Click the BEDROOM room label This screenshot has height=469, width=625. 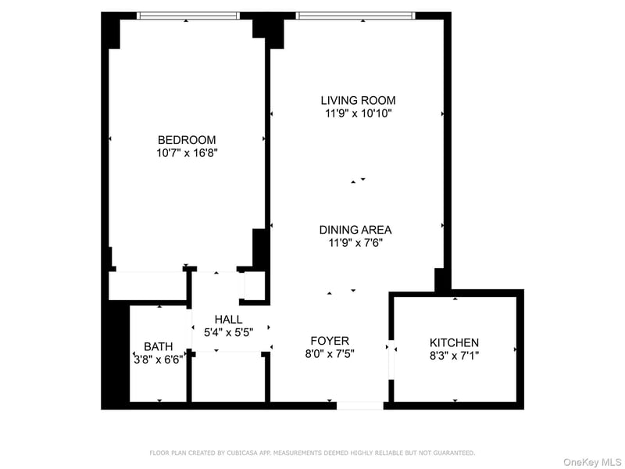(x=187, y=140)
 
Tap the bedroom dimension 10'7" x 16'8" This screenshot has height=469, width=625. (x=187, y=153)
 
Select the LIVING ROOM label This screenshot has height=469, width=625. (x=359, y=100)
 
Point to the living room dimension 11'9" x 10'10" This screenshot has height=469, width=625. (x=359, y=113)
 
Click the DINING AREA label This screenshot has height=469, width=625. (x=355, y=230)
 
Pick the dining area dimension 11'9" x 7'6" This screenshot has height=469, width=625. (x=355, y=243)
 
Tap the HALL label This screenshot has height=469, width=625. (x=228, y=320)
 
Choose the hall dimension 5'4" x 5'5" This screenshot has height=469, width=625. (x=228, y=332)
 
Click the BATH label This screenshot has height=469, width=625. (x=159, y=346)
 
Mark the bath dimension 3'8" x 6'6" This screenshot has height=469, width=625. (x=159, y=360)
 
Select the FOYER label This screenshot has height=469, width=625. (x=330, y=341)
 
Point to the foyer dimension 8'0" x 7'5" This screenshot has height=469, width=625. (x=330, y=354)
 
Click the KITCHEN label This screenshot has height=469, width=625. (x=454, y=342)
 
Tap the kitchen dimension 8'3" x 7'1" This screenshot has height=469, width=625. (x=454, y=356)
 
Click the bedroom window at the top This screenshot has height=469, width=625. (x=188, y=16)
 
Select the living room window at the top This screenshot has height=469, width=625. (x=355, y=16)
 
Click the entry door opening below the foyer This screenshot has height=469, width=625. (x=360, y=406)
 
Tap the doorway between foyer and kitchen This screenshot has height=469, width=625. (x=391, y=360)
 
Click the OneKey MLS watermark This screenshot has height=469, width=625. (x=592, y=462)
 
